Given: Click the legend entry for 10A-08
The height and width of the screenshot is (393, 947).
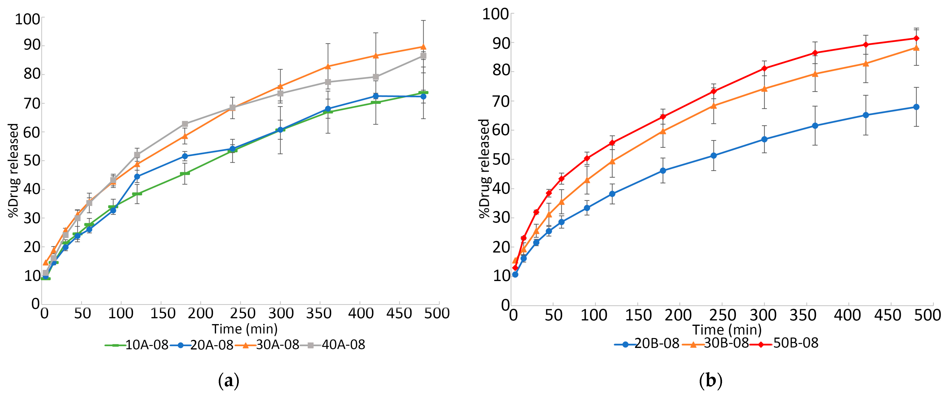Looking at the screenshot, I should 137,345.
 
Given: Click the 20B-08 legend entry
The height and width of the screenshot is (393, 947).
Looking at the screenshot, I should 647,343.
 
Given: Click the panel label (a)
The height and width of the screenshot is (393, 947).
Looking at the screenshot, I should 229,381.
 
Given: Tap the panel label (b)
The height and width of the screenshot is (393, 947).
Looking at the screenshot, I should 710,381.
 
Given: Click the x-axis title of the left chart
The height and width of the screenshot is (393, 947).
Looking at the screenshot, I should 245,328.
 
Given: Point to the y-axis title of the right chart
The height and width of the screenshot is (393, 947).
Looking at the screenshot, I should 484,169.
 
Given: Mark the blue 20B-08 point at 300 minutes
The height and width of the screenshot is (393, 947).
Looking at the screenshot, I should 764,139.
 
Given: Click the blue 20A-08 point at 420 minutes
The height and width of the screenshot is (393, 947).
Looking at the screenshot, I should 376,96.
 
